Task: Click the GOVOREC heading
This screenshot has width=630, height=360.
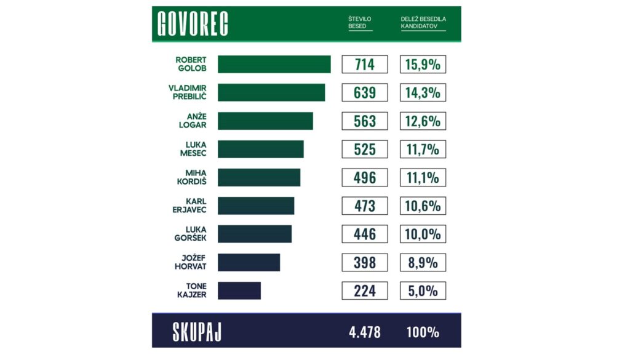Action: [193, 24]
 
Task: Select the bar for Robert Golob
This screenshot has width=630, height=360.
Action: [274, 65]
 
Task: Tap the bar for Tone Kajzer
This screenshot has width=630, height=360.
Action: [239, 290]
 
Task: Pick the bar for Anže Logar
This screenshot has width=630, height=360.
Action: [265, 121]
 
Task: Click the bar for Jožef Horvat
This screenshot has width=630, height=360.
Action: [249, 262]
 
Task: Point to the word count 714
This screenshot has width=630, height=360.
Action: [364, 65]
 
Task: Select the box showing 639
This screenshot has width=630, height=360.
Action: [364, 93]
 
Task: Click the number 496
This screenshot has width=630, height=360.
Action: [364, 178]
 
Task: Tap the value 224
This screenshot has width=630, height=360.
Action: [364, 290]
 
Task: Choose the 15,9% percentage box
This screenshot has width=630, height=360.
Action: [423, 65]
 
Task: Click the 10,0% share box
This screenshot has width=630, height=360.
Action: [423, 234]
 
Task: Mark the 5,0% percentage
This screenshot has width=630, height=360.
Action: [423, 290]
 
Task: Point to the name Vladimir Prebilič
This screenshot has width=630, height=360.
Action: [187, 93]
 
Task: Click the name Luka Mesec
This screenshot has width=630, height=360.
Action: [191, 150]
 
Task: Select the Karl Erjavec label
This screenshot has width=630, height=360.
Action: [189, 206]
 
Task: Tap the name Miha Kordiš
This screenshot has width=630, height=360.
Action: [191, 178]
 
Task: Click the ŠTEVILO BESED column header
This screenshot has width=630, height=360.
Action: [360, 23]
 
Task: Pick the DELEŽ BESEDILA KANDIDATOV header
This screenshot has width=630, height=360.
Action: [423, 23]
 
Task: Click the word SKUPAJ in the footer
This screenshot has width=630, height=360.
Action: [197, 332]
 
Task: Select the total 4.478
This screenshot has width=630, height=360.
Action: [364, 332]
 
